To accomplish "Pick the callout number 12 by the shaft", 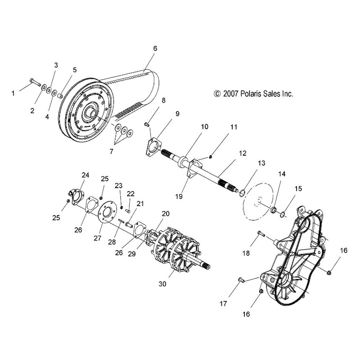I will (x=243, y=154).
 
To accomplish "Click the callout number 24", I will (x=85, y=175).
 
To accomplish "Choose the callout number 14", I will (x=281, y=174).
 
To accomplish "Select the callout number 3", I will (x=56, y=66).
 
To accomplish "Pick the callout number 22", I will (x=131, y=193).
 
